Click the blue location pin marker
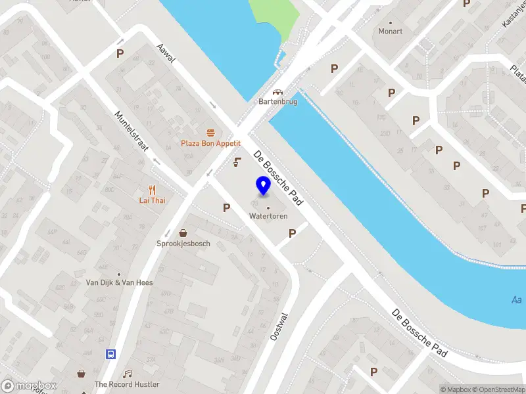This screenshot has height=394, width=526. (263, 186)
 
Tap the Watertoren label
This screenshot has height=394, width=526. (268, 216)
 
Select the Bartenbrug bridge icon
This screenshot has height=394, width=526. (277, 93)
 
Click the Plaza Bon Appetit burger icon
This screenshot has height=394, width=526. (210, 132)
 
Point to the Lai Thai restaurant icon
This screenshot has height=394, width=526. (151, 189)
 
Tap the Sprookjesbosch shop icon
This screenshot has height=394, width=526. (183, 232)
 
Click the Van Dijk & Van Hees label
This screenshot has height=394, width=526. (120, 282)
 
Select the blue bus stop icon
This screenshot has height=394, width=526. (110, 354)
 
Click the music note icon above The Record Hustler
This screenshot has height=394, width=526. (128, 373)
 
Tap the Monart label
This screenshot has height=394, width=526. (391, 31)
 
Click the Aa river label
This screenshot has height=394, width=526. (517, 299)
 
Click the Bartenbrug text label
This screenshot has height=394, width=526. (277, 102)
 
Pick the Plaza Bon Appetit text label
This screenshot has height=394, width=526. (212, 143)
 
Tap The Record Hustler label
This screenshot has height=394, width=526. (122, 384)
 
